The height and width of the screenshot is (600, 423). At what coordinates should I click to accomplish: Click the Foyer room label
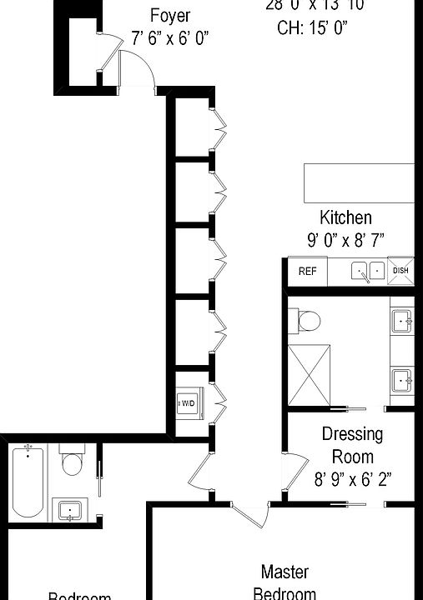(170, 15)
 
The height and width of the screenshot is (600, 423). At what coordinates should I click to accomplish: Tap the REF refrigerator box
(307, 271)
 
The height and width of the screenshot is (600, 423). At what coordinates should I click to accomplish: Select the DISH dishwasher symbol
(400, 271)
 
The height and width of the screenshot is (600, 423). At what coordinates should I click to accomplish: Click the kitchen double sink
(367, 271)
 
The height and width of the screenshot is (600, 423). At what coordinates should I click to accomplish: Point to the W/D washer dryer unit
(188, 402)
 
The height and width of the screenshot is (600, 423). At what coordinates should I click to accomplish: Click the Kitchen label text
(345, 218)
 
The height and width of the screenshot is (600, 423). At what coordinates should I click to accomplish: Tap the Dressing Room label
(352, 445)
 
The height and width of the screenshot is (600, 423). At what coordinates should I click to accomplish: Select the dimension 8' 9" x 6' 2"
(352, 480)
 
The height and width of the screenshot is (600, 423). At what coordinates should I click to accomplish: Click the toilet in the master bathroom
(307, 321)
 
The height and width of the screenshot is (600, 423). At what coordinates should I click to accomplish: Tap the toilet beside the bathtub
(72, 462)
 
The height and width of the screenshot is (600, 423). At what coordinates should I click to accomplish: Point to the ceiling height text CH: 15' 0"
(312, 27)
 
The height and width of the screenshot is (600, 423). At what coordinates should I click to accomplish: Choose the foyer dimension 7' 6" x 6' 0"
(170, 37)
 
